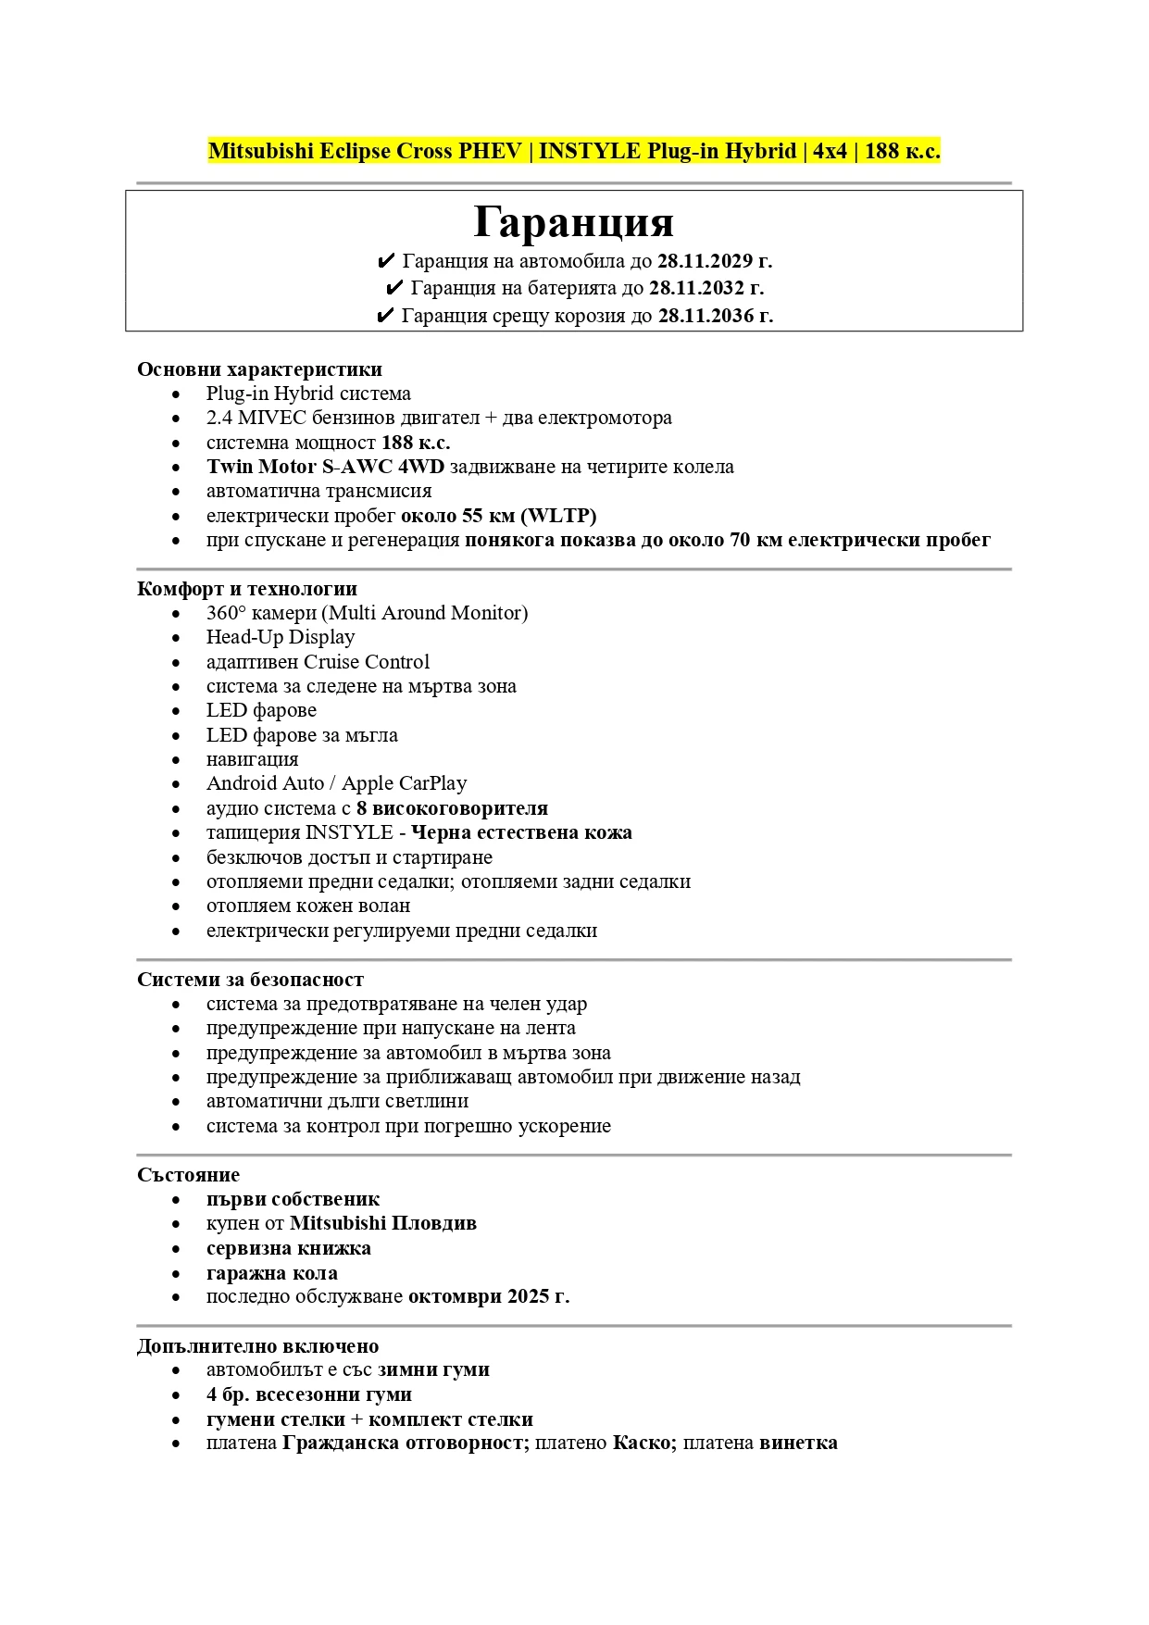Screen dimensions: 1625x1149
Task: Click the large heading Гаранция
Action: pos(573,222)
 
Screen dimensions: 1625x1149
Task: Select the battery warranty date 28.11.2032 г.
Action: pos(706,288)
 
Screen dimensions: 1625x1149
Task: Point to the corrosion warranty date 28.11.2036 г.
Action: pos(715,316)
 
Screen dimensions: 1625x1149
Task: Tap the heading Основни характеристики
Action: pos(259,369)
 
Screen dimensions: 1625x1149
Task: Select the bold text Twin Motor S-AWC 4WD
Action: pos(325,467)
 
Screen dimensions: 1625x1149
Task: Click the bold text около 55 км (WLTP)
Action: pos(498,516)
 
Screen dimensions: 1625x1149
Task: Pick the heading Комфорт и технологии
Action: pos(246,589)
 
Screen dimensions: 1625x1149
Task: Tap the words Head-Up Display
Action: pos(281,637)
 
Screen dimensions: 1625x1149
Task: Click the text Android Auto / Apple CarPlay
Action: pos(336,783)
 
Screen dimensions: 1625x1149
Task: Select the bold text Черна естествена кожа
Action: pos(521,832)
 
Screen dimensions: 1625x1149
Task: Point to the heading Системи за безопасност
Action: pos(250,980)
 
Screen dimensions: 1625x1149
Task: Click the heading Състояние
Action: pos(188,1175)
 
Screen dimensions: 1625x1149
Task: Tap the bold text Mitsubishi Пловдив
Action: pos(382,1223)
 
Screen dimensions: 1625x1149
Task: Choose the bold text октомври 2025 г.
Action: pos(488,1296)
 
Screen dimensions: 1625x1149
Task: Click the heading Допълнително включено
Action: pos(257,1346)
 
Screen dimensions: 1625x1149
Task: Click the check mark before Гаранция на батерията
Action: pos(393,288)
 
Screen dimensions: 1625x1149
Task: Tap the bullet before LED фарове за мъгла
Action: pos(176,736)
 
